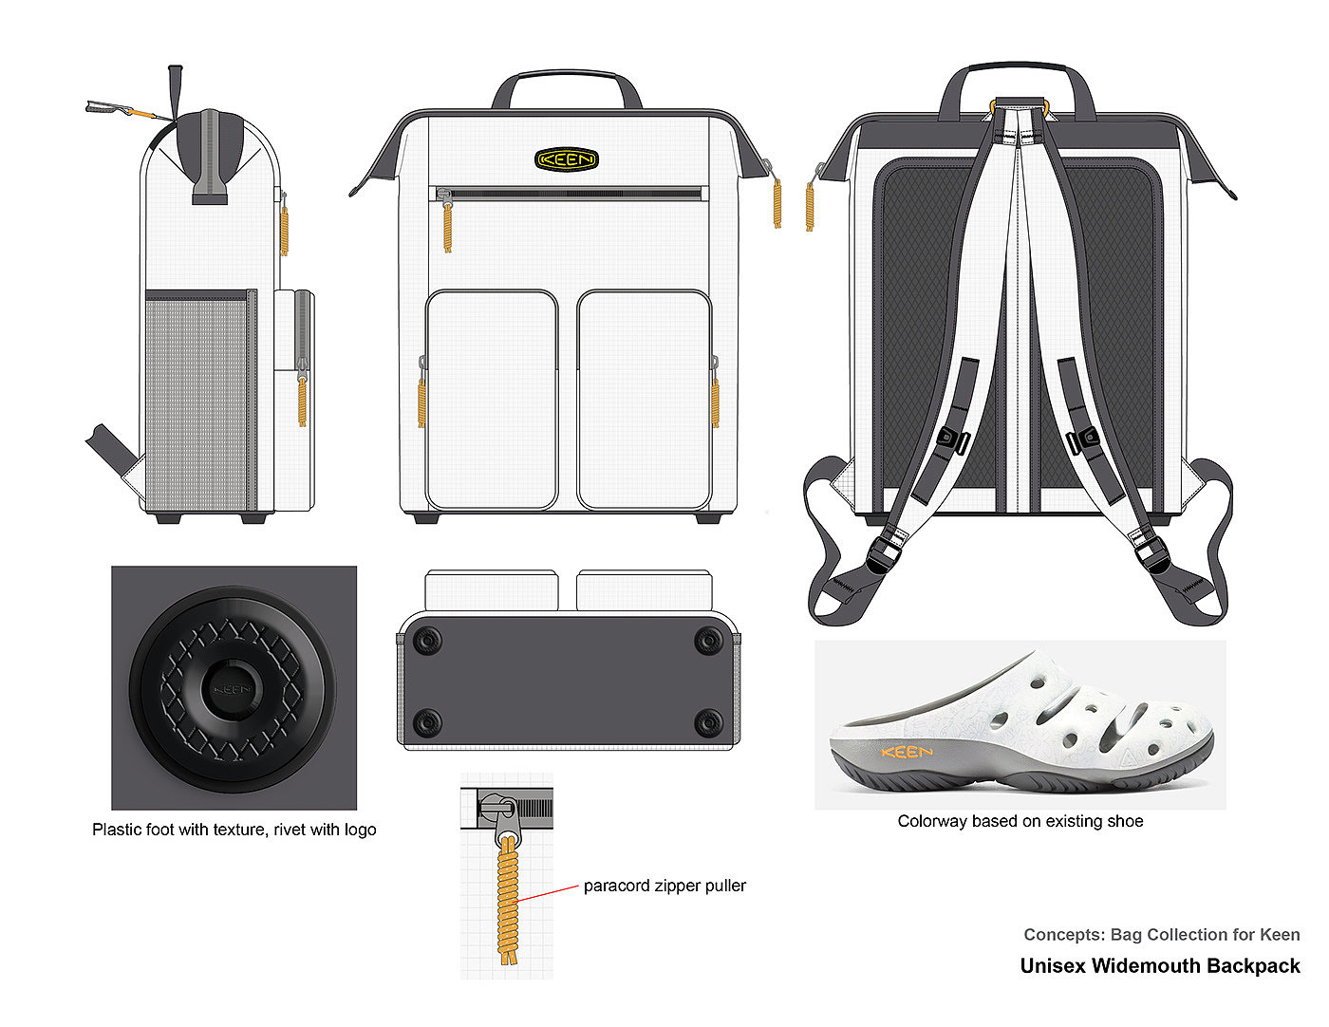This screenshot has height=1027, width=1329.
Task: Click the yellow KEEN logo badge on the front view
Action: pos(566,159)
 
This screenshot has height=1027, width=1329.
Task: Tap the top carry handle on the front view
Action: pos(567,73)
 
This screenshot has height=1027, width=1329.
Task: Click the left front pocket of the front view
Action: pos(492,400)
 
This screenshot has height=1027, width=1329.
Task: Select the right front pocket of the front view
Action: pos(645,400)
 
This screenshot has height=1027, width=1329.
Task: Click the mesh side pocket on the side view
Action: pos(199,403)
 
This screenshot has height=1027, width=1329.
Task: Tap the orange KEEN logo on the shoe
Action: pos(907,753)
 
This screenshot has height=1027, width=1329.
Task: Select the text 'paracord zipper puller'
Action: pos(664,886)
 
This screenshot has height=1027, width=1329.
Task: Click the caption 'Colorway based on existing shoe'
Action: pos(1020,821)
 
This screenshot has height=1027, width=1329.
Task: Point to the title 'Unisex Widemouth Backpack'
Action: pos(1160,966)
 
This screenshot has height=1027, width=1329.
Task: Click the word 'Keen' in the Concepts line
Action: pos(1280,935)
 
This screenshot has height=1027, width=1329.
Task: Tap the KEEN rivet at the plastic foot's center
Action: pos(232,689)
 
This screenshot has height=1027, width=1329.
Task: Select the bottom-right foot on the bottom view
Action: pos(708,724)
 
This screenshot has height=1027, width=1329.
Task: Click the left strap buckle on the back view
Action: pos(951,439)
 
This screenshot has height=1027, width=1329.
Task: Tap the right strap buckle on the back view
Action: pos(1082,439)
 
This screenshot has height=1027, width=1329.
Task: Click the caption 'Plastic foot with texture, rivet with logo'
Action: pos(234,830)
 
